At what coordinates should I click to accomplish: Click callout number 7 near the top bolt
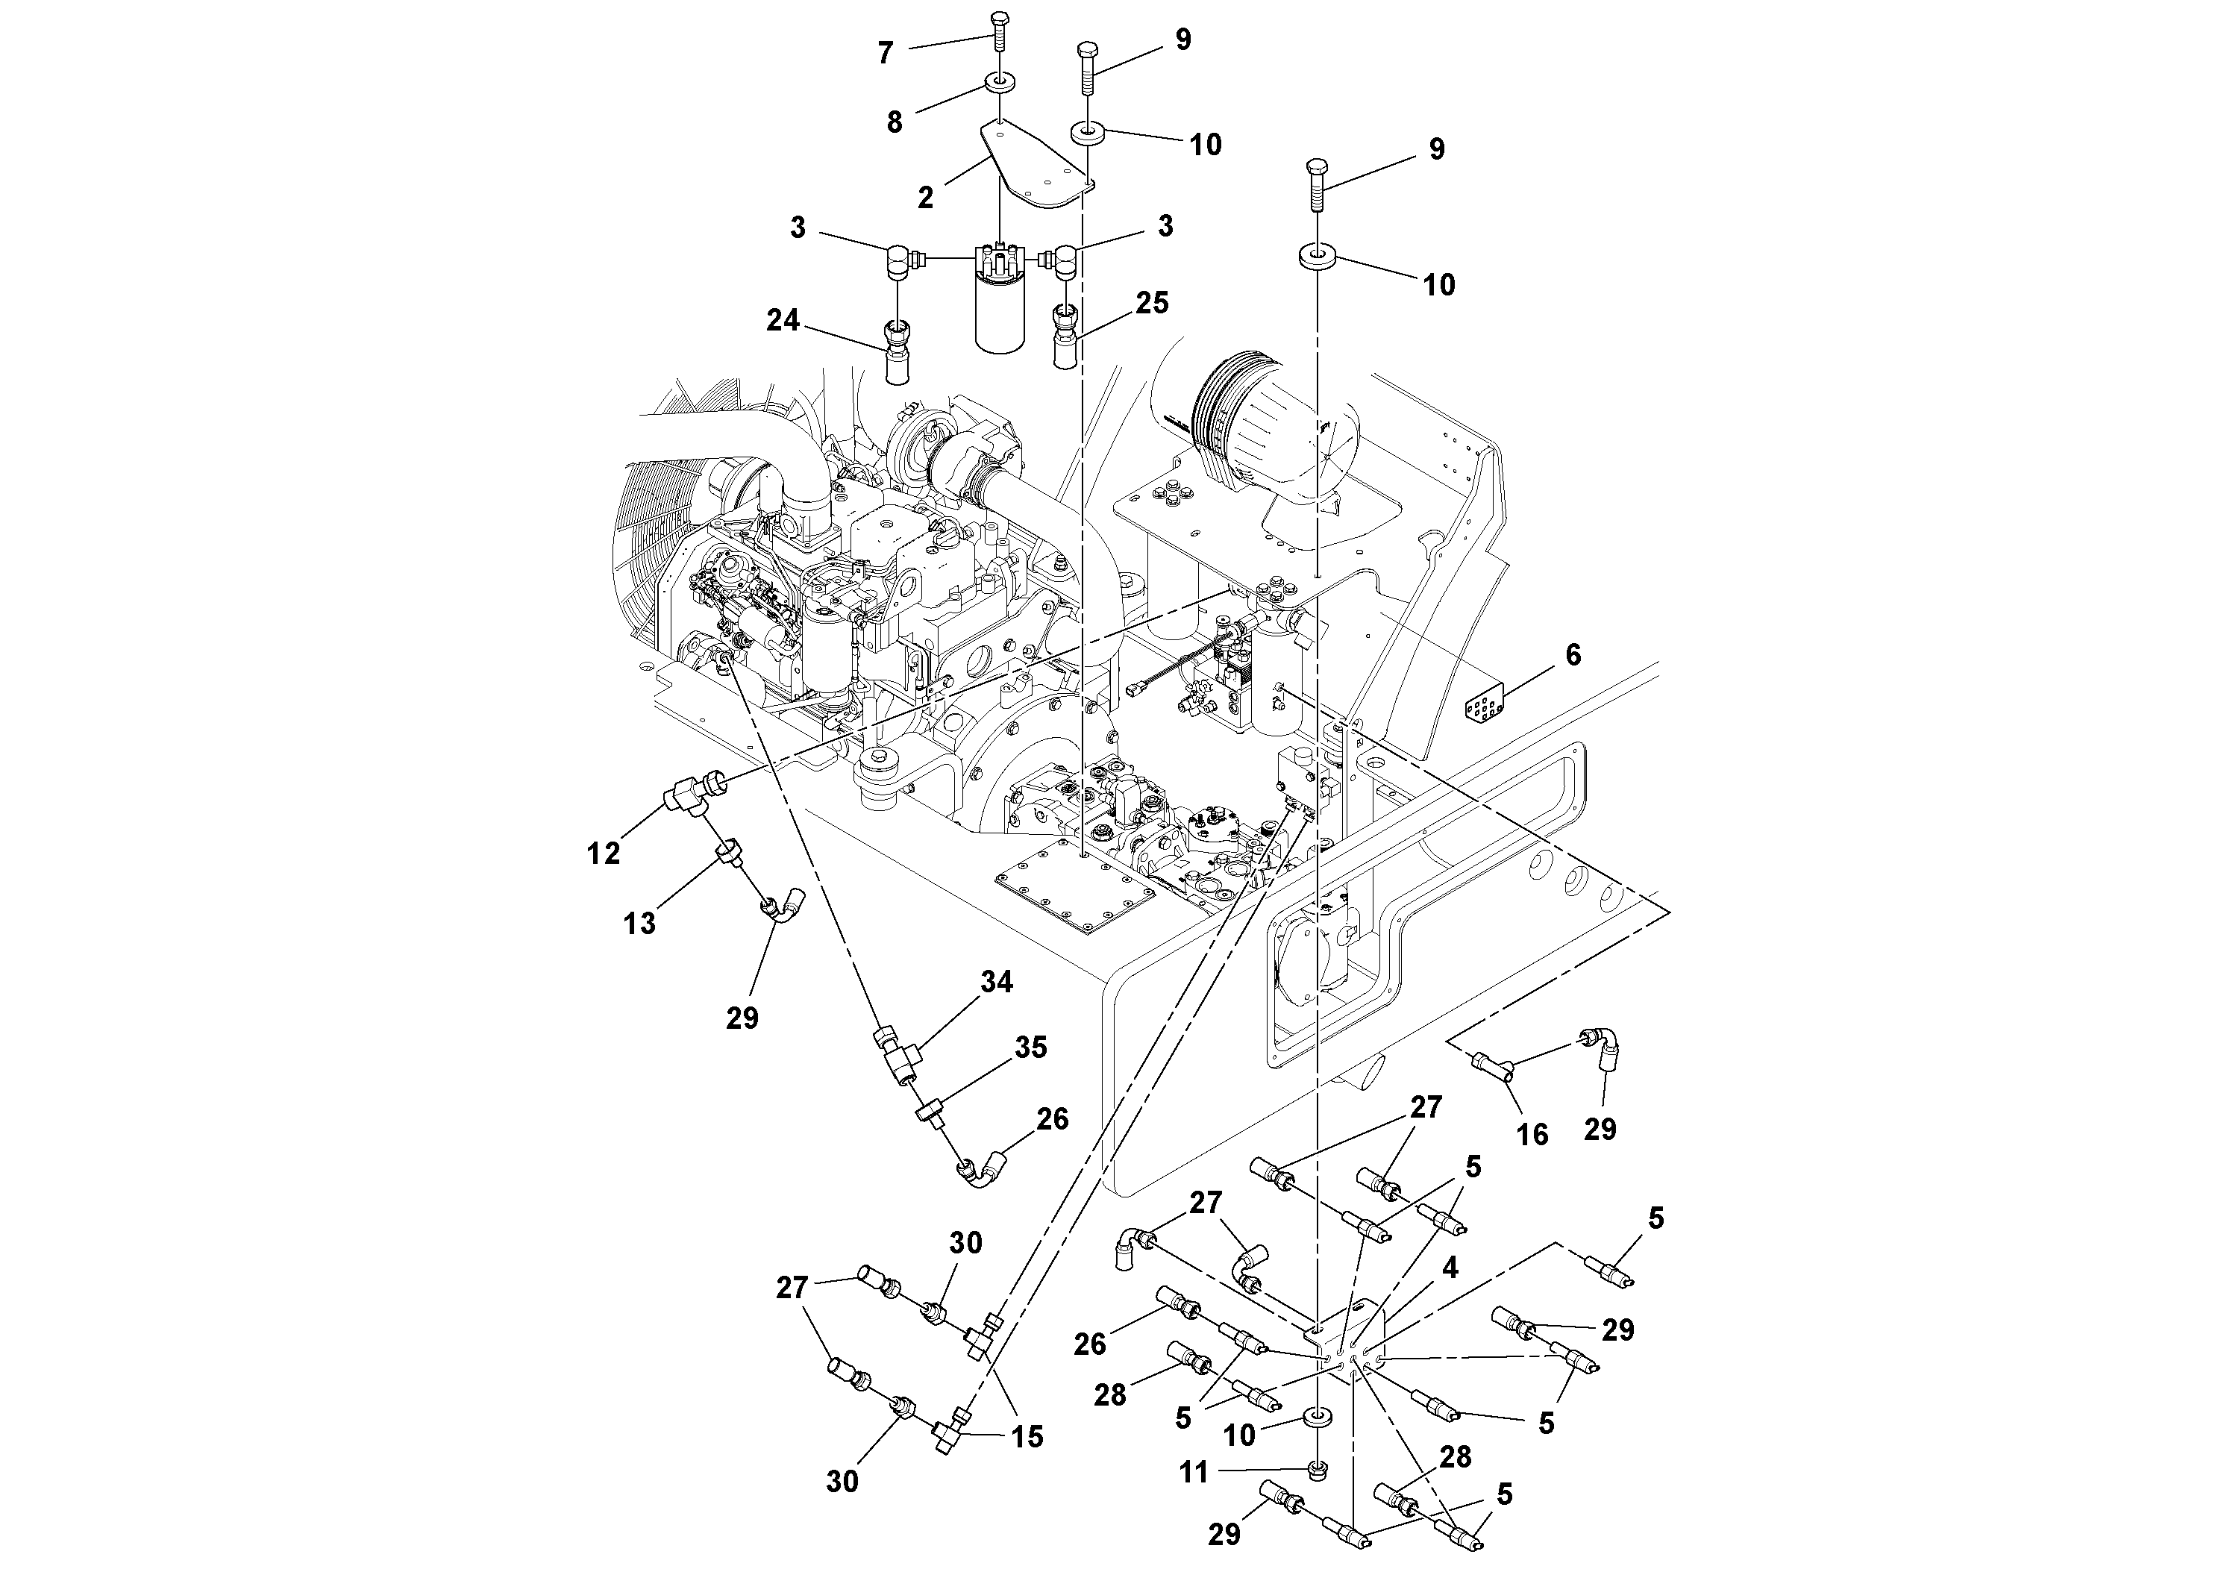tap(885, 53)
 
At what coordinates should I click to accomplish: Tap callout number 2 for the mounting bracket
tap(926, 197)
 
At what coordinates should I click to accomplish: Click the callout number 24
tap(783, 319)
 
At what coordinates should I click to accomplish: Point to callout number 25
tap(1152, 303)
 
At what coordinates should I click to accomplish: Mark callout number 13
tap(639, 923)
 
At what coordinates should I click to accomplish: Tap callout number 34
tap(997, 982)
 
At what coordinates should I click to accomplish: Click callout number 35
tap(1031, 1047)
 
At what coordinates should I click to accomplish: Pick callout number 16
tap(1532, 1134)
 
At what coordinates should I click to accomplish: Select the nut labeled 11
tap(1317, 1471)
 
